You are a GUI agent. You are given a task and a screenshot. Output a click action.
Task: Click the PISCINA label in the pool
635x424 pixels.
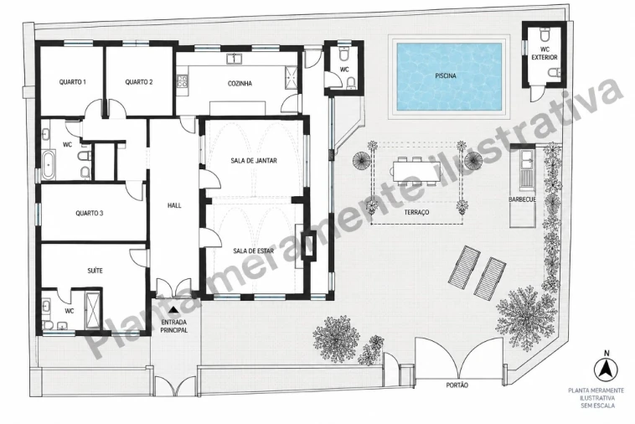(446, 75)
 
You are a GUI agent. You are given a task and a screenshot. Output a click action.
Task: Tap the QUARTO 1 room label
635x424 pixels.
(73, 82)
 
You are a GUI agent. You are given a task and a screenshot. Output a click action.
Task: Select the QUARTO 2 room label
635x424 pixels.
(139, 82)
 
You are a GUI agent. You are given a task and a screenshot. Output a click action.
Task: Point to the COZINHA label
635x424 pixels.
(240, 84)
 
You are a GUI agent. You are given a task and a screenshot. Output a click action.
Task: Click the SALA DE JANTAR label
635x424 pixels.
(254, 160)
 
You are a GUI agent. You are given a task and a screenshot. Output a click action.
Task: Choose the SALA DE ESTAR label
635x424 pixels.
(254, 251)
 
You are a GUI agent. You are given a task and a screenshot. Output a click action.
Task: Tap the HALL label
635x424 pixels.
(174, 205)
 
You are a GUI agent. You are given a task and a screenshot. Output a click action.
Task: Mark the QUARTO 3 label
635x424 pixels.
(90, 213)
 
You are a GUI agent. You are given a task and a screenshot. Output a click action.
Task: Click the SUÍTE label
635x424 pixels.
(96, 271)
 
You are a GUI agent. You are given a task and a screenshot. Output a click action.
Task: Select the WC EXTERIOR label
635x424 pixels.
(545, 54)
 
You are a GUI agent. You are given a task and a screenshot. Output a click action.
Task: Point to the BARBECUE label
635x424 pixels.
(523, 199)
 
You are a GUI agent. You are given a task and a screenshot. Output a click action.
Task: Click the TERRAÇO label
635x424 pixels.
(416, 212)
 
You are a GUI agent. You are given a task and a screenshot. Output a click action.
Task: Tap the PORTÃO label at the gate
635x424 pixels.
(457, 385)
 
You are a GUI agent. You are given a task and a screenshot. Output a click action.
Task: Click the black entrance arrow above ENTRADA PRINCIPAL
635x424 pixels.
(173, 310)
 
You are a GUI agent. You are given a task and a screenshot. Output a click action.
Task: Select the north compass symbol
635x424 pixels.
(606, 368)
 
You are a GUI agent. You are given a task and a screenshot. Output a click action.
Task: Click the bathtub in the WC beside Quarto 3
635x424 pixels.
(49, 165)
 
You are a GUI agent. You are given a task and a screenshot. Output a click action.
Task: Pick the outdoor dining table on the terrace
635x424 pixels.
(416, 170)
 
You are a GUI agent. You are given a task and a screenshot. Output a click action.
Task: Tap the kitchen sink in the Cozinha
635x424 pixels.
(234, 59)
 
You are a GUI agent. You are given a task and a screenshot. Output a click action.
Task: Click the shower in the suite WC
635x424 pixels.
(93, 311)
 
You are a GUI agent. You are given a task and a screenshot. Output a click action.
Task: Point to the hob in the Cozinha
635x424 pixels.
(183, 82)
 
